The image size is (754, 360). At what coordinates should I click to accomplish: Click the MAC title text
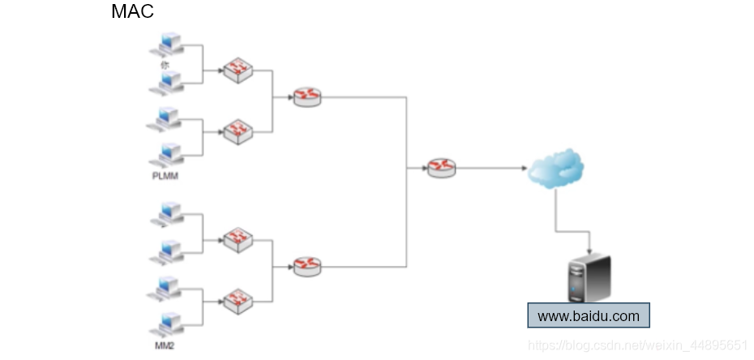coord(132,12)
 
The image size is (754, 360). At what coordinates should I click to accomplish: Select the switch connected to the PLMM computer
coord(238,130)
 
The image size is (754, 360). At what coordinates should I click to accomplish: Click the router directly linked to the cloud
coord(442,168)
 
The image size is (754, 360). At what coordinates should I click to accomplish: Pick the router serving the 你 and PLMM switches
coord(307,97)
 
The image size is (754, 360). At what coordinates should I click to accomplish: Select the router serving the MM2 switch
coord(307,265)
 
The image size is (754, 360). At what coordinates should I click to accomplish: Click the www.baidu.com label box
coord(589,316)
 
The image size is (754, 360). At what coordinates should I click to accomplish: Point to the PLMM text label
coord(165,174)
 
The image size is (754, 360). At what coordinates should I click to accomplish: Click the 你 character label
coord(165,63)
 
